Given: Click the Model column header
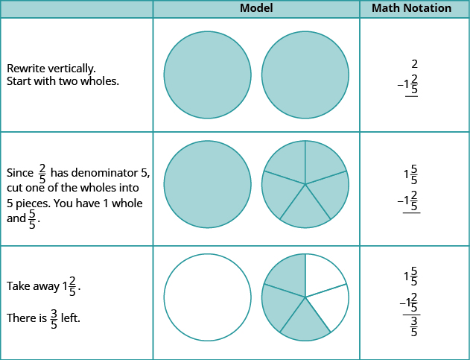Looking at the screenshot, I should pos(256,8).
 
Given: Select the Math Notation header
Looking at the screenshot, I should pos(415,8).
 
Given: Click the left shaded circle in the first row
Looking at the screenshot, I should pos(207,75).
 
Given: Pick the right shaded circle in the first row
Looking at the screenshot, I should pos(305,75).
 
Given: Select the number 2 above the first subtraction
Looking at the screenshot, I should pos(414,64).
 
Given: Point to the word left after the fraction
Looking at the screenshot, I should pos(71,318).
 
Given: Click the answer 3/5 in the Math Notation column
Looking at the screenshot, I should pos(414,326).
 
